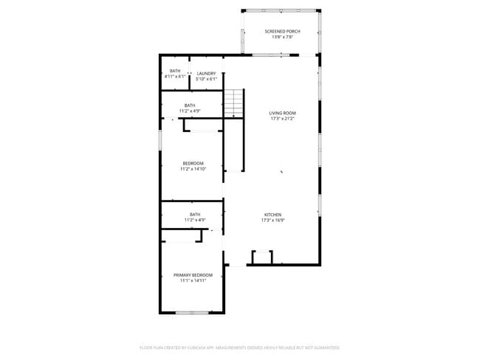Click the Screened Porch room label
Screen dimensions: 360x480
pos(282,31)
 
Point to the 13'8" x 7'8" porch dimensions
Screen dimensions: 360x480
pos(282,37)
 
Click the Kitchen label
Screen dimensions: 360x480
pos(273,215)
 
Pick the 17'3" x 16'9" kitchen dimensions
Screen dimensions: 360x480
pos(273,221)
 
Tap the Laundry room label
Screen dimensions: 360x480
pos(206,73)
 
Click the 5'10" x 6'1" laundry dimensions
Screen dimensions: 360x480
pos(206,79)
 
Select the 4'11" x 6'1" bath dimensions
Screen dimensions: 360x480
pos(175,76)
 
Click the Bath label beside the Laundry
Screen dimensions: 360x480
pos(175,71)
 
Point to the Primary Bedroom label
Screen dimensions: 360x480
pos(193,275)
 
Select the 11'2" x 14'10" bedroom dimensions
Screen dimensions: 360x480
pos(193,169)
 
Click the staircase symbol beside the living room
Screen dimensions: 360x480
pos(234,103)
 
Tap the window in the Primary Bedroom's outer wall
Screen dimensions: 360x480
pos(191,314)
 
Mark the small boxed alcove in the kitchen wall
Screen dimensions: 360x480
pos(262,257)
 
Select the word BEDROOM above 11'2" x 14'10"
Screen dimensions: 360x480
pos(193,163)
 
